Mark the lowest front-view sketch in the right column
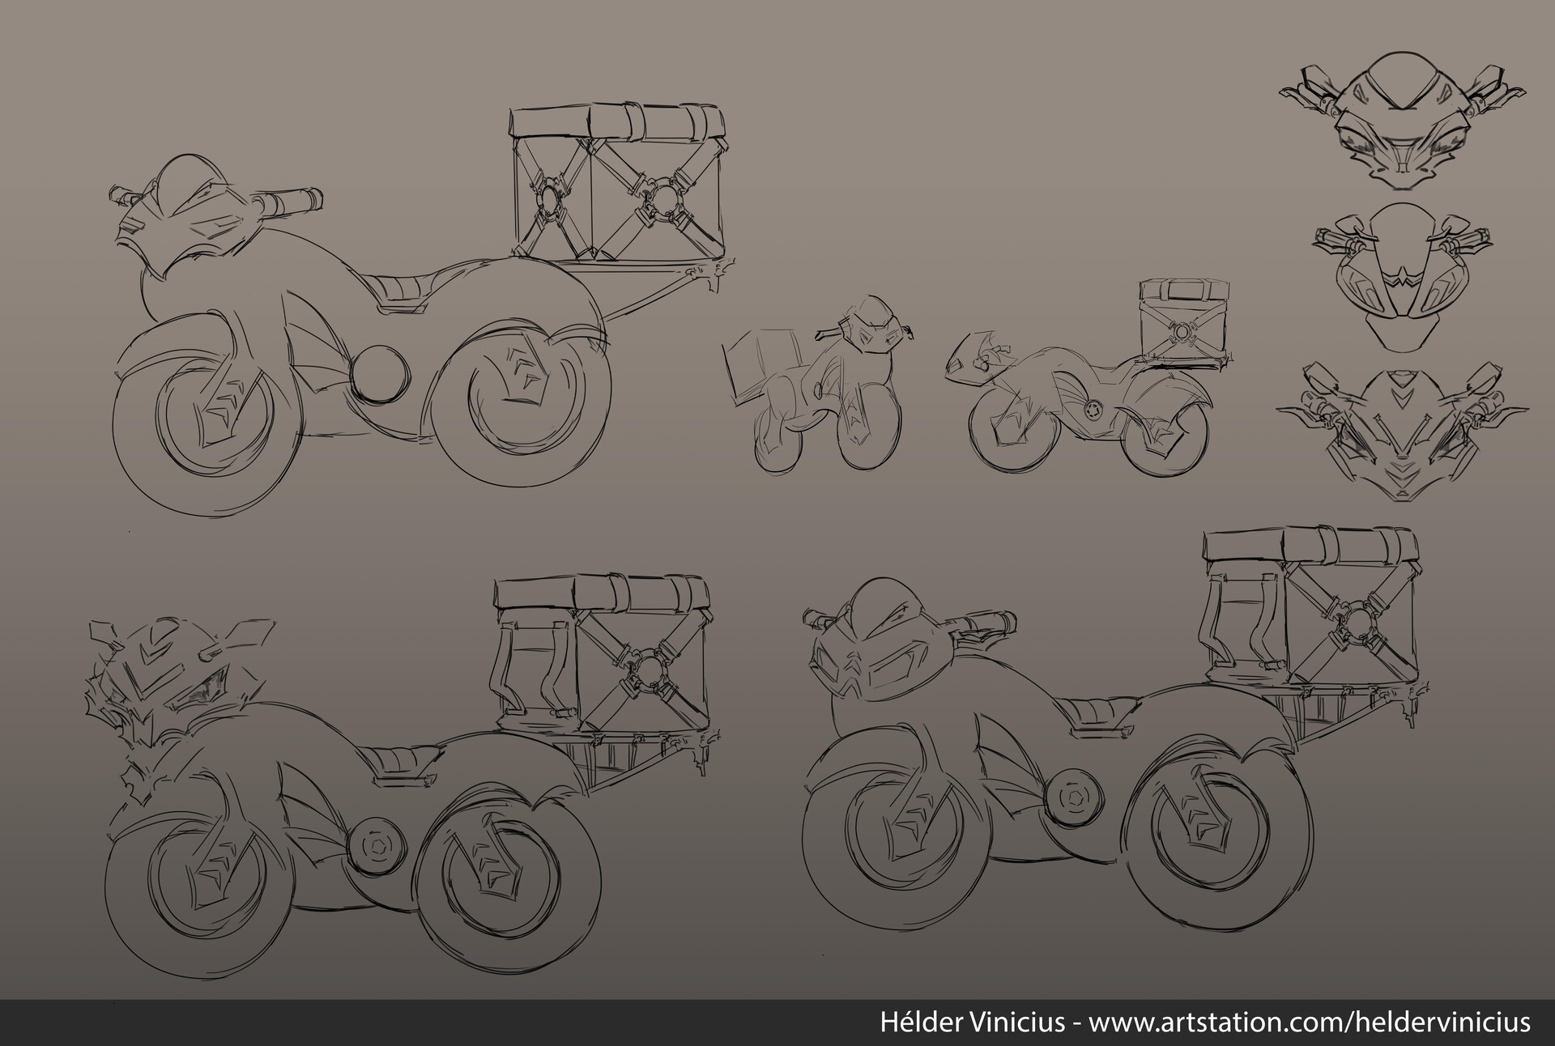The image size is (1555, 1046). [x=1402, y=434]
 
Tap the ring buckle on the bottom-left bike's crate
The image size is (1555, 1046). [x=648, y=668]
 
